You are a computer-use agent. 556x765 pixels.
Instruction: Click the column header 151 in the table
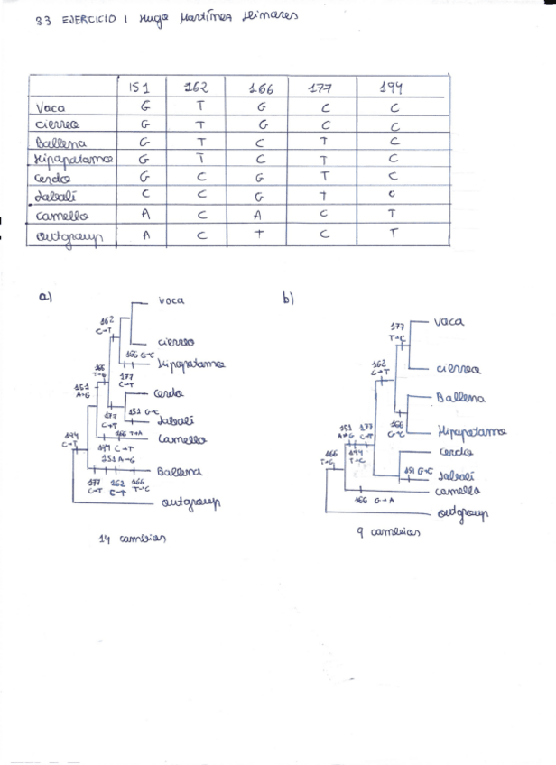pos(140,88)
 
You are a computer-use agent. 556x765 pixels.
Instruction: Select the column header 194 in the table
pos(392,88)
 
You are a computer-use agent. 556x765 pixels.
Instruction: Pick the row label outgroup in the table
pos(69,236)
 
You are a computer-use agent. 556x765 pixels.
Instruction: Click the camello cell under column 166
pos(258,216)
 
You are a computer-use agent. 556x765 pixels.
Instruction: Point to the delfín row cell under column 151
pos(144,193)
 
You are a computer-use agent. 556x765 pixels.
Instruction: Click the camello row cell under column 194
pos(394,215)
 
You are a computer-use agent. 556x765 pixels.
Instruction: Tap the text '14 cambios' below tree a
pos(132,539)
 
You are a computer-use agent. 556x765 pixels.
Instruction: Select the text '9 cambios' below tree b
pos(389,532)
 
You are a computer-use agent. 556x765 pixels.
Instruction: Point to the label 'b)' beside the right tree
pos(288,299)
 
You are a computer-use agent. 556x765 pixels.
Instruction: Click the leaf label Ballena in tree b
pos(460,398)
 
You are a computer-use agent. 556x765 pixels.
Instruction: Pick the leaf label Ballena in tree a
pos(180,471)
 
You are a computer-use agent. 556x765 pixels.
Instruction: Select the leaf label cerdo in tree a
pos(169,393)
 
